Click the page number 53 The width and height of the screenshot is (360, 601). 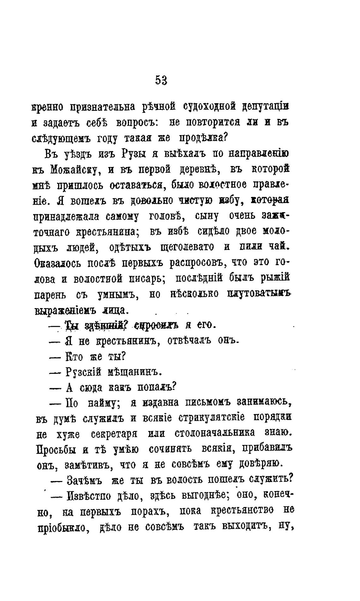pos(161,81)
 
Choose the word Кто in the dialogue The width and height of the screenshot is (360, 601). pos(74,357)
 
